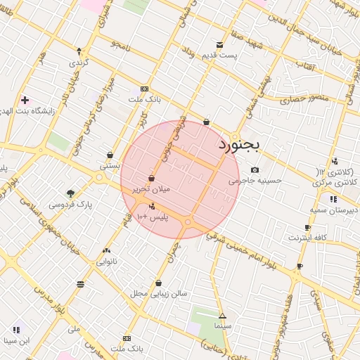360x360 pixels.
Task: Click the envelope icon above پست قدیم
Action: pyautogui.click(x=220, y=44)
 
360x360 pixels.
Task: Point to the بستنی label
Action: pyautogui.click(x=110, y=167)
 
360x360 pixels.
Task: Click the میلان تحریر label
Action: pyautogui.click(x=152, y=189)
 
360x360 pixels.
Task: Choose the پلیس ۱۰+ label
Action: pyautogui.click(x=153, y=217)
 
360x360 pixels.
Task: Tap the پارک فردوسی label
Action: pyautogui.click(x=70, y=205)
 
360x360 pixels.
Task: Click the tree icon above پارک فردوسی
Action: pyautogui.click(x=70, y=193)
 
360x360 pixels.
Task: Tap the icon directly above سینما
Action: pyautogui.click(x=222, y=316)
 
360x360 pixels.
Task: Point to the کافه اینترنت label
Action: pyautogui.click(x=307, y=238)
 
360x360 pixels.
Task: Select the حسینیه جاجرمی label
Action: pyautogui.click(x=254, y=181)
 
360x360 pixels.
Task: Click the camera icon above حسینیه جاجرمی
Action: pyautogui.click(x=254, y=169)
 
